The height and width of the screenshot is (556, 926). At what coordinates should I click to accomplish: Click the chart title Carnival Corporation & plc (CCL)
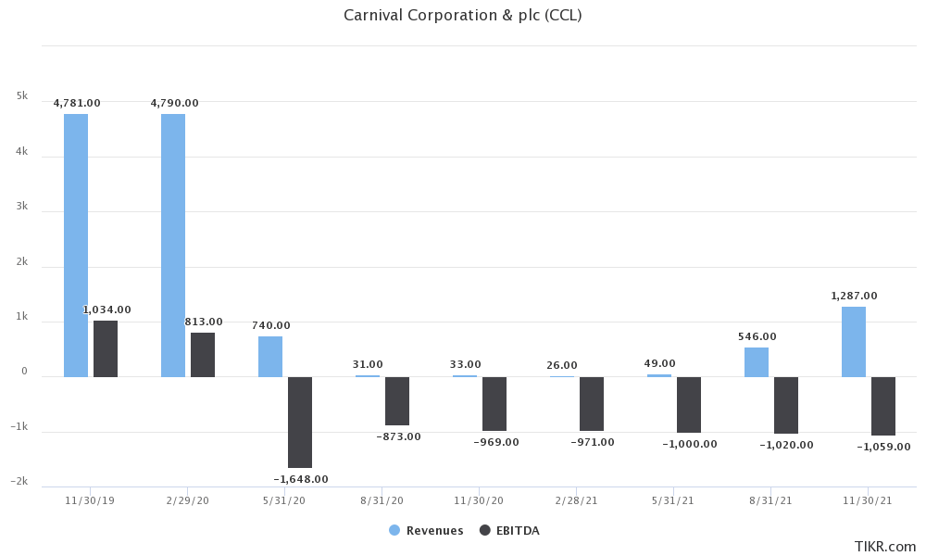point(462,15)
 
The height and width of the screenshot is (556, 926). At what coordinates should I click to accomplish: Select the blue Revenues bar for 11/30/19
point(76,246)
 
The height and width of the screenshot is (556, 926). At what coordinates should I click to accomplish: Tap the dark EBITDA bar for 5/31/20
point(300,422)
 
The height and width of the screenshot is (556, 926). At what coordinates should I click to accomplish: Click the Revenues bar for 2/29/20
point(173,246)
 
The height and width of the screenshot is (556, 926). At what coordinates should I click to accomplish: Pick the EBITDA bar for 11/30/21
point(883,406)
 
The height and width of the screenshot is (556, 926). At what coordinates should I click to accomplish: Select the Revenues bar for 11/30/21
point(854,342)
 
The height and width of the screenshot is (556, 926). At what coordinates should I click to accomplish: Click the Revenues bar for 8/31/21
point(757,362)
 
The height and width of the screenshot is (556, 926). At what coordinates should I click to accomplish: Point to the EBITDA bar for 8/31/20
point(397,400)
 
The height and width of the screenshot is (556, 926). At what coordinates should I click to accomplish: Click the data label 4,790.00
point(174,103)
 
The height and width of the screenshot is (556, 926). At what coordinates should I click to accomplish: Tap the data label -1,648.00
point(301,479)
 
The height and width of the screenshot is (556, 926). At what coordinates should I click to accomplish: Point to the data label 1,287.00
point(854,296)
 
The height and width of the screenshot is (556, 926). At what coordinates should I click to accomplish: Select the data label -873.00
point(398,436)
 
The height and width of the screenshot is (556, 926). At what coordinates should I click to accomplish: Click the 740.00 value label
point(270,325)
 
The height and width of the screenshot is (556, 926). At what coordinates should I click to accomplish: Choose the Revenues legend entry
point(426,531)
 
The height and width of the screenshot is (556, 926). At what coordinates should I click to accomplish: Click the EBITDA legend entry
point(509,531)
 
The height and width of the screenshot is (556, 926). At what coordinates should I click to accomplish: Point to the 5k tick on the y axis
point(22,96)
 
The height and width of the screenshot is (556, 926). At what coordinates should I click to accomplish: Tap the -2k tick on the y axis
point(19,482)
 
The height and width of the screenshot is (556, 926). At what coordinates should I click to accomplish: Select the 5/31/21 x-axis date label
point(674,500)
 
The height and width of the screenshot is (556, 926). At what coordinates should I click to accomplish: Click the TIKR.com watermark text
point(885,546)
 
